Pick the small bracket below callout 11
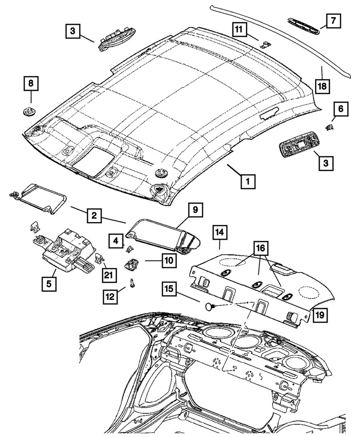point(265,44)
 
